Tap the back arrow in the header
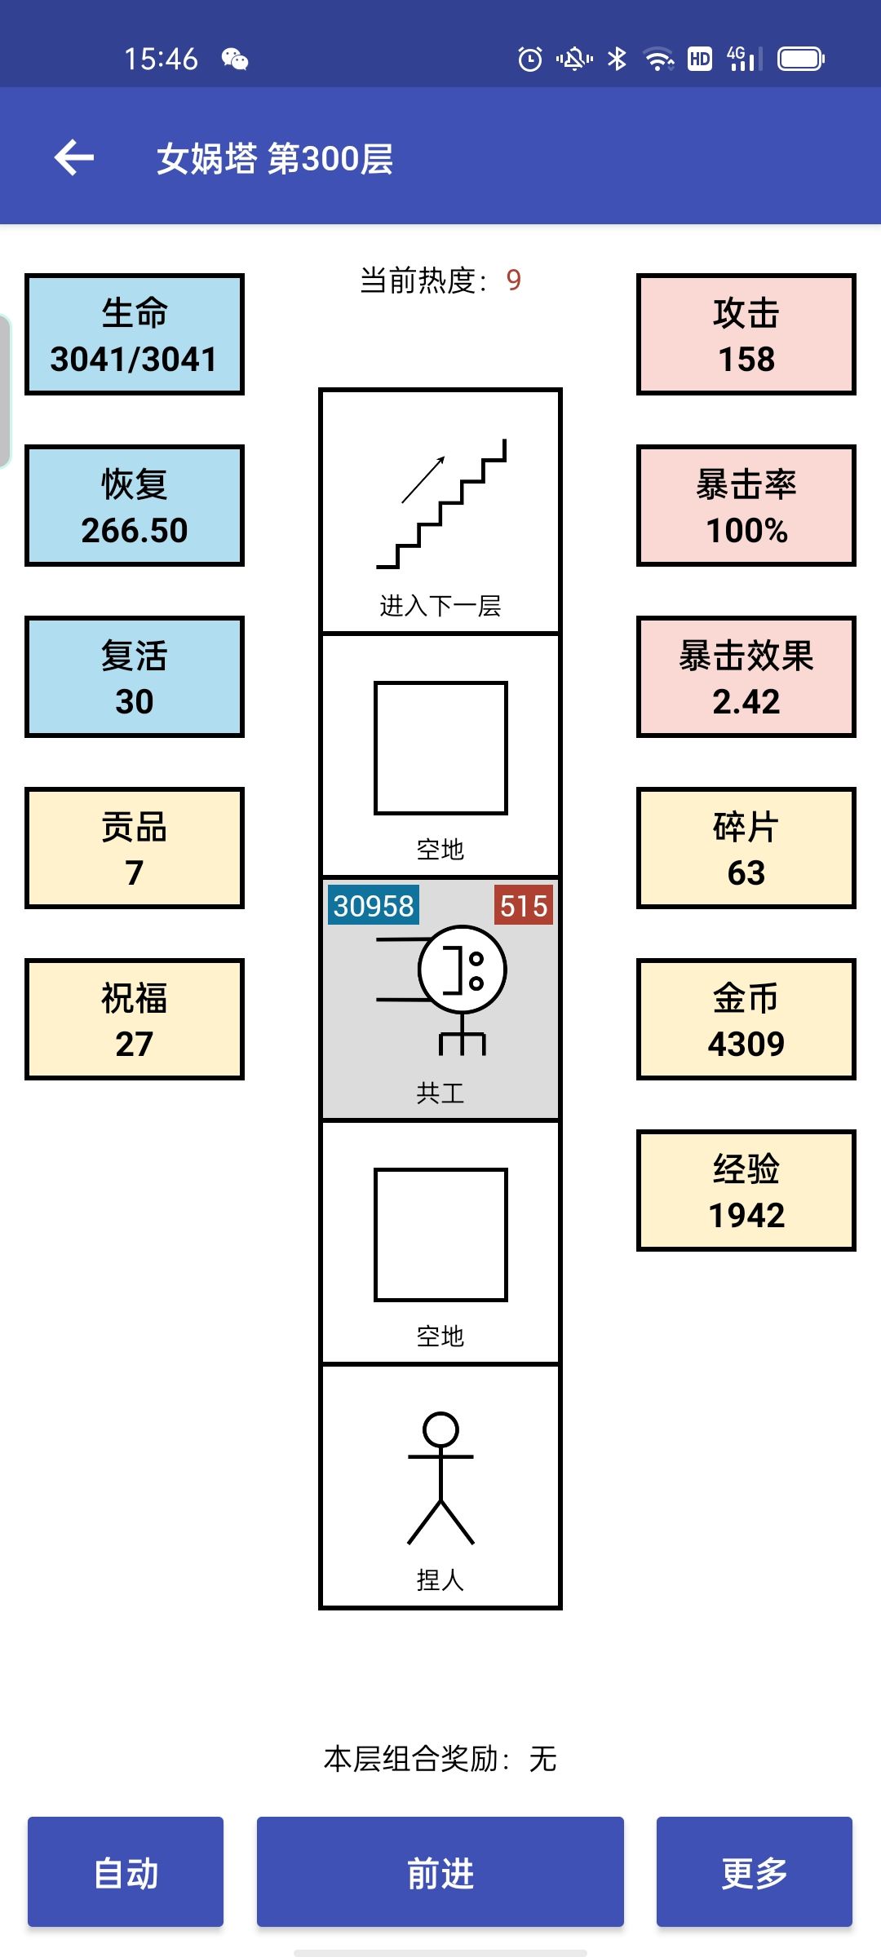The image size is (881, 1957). tap(74, 157)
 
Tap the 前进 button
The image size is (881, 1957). tap(440, 1871)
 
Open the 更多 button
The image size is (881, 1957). tap(754, 1871)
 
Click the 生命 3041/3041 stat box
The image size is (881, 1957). tap(135, 334)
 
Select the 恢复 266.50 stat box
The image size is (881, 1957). tap(135, 506)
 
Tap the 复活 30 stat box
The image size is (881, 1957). tap(135, 677)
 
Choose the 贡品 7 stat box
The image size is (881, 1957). tap(135, 848)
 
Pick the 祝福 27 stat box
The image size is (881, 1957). tap(135, 1019)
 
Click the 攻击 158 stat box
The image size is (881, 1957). tap(746, 334)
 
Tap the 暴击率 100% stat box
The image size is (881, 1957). tap(746, 506)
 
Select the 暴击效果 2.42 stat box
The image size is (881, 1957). tap(746, 677)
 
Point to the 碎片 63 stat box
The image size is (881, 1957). tap(746, 848)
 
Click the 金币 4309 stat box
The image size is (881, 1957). tap(746, 1019)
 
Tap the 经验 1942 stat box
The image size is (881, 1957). tap(746, 1191)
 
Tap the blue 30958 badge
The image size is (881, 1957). tap(374, 905)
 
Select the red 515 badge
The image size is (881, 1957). tap(523, 905)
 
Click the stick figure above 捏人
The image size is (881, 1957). tap(440, 1478)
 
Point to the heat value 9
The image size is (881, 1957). tap(513, 281)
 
